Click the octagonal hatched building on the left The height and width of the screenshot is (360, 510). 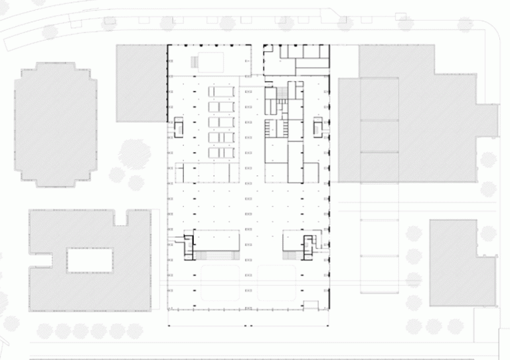[56, 124]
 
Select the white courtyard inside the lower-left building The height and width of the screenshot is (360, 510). [88, 260]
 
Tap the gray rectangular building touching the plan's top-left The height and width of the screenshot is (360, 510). [140, 83]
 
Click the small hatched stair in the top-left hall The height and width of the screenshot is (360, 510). [194, 62]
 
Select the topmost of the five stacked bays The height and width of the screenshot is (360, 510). [223, 91]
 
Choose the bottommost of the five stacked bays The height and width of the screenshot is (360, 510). [223, 153]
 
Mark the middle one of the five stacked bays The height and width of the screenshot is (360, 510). [223, 122]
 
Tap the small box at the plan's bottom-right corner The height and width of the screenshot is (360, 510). [310, 306]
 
